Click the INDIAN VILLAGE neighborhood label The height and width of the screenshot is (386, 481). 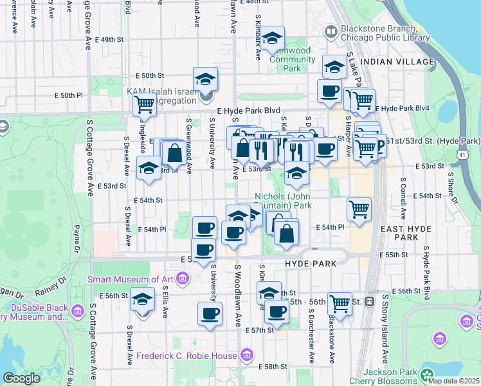(x=397, y=62)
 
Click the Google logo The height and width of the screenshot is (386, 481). (x=21, y=378)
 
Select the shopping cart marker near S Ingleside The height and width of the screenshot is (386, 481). (x=144, y=104)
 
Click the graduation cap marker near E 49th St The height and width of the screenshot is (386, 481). (x=272, y=38)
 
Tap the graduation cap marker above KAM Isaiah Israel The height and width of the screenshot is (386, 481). (x=206, y=79)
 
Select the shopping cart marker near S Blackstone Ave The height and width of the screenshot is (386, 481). (x=340, y=304)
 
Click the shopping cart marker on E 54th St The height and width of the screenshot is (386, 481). (x=359, y=208)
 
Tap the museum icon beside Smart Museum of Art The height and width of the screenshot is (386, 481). (x=183, y=279)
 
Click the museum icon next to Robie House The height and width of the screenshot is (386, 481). (x=246, y=355)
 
